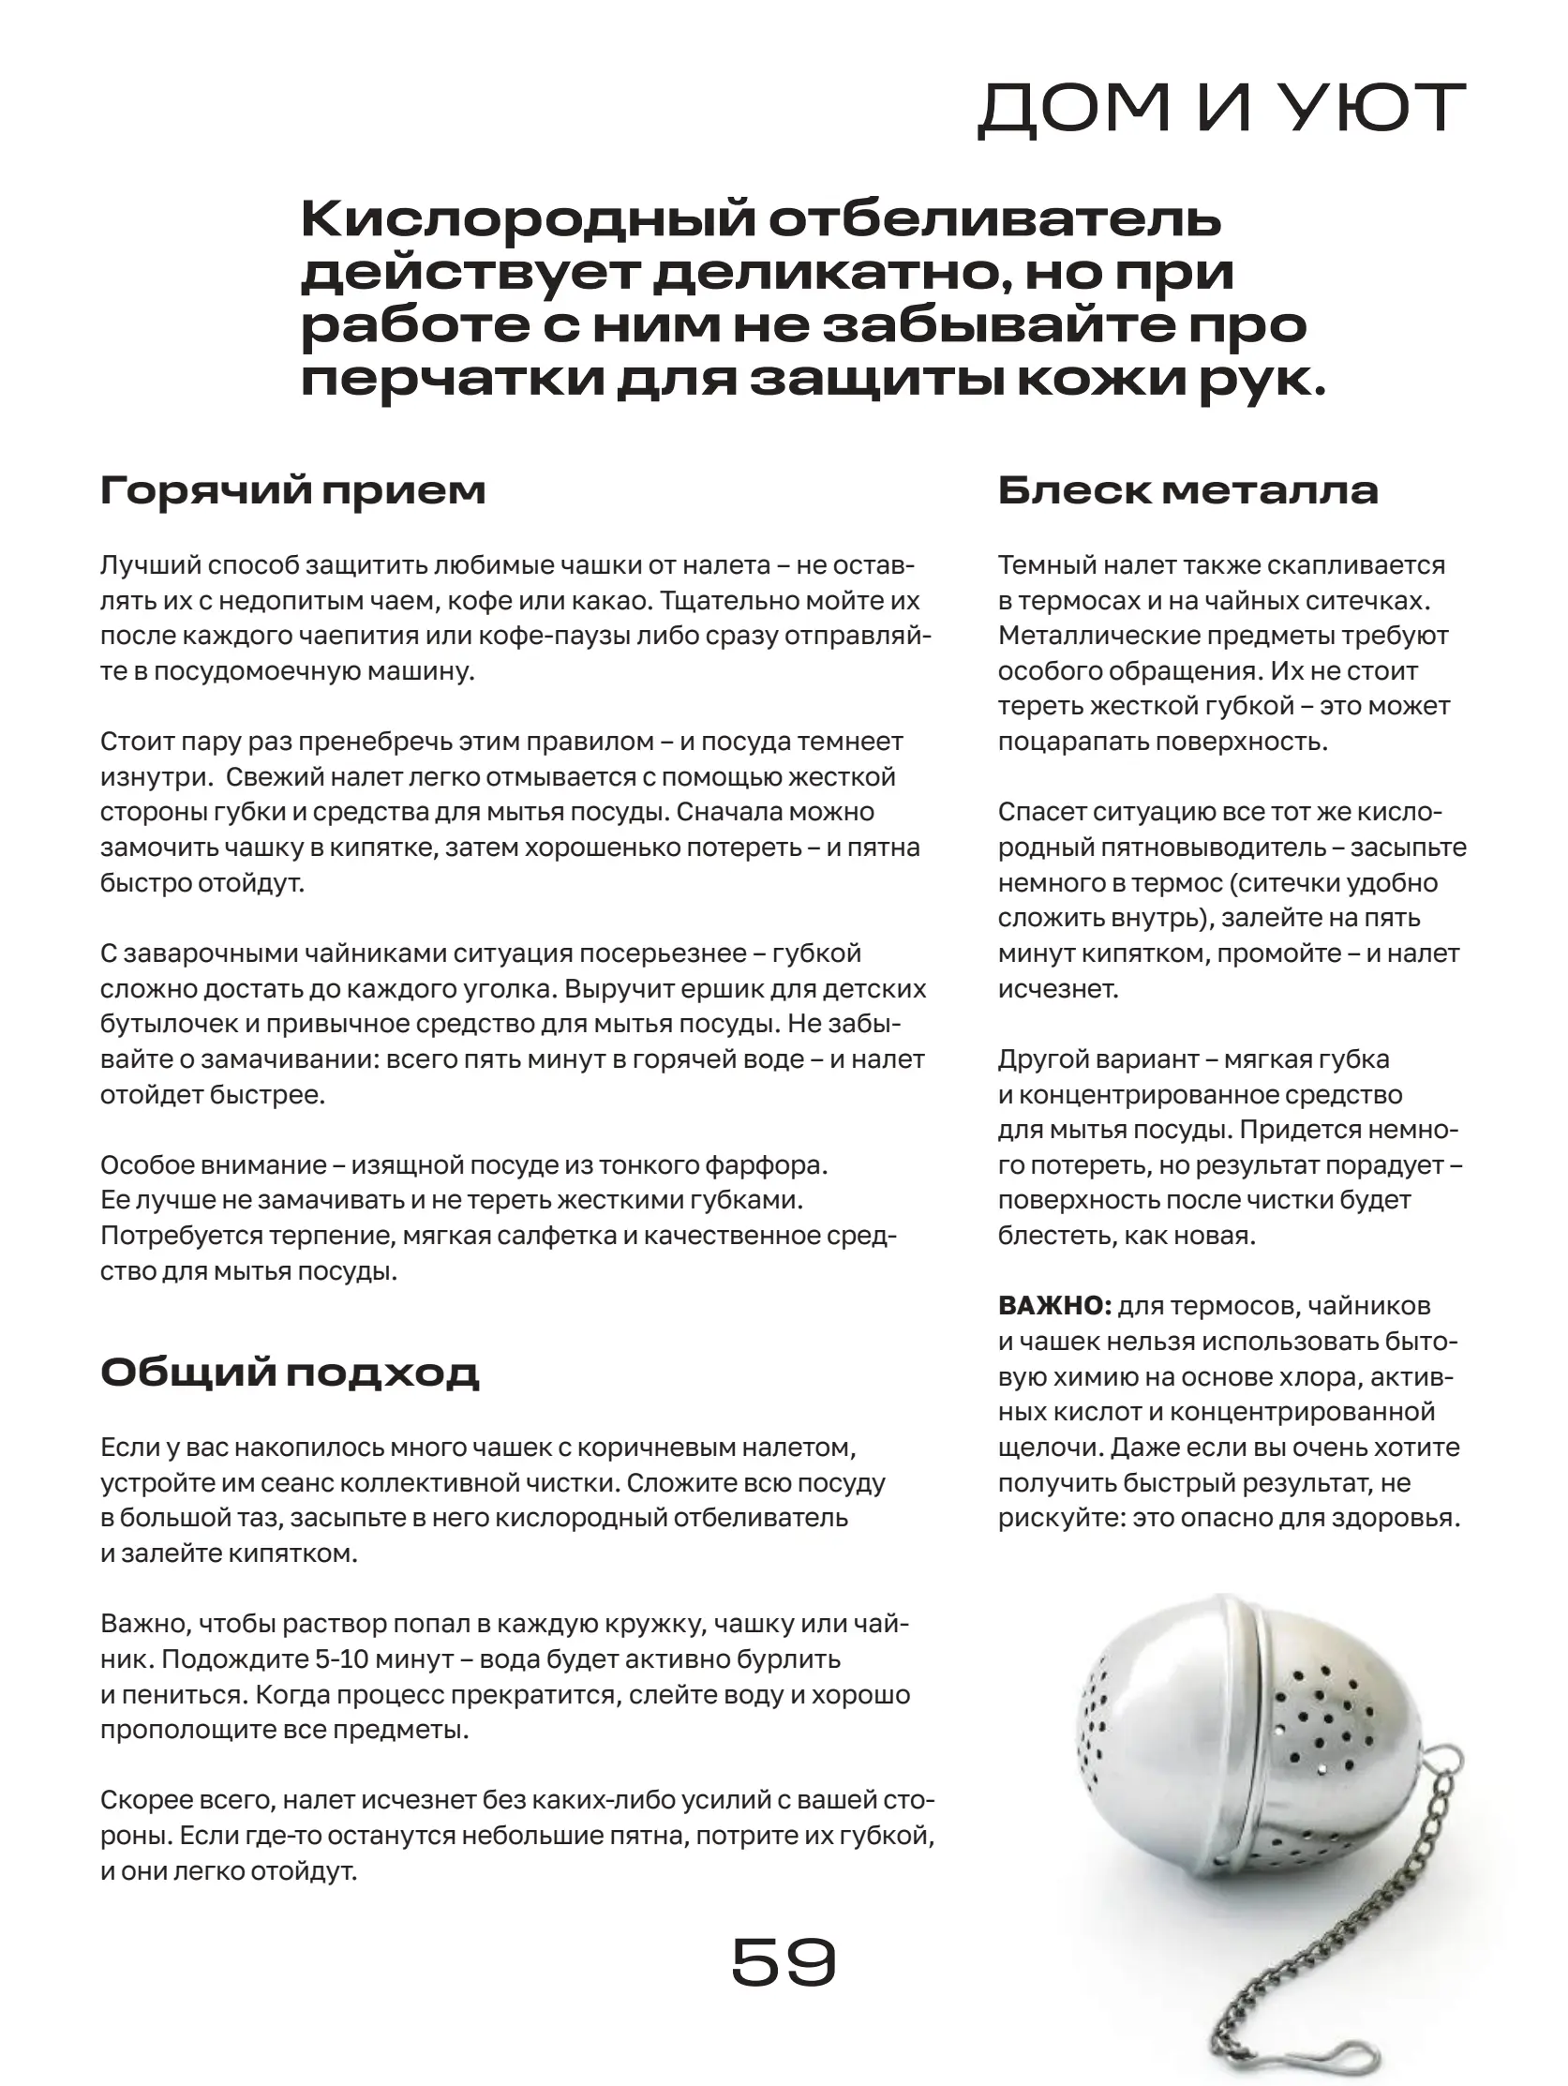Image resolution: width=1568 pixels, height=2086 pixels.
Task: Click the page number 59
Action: tap(784, 1962)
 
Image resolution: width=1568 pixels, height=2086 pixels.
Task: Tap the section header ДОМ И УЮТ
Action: tap(1221, 109)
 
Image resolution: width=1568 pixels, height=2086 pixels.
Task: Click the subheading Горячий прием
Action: tap(292, 490)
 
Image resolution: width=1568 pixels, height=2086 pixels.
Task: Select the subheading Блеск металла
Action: tap(1188, 490)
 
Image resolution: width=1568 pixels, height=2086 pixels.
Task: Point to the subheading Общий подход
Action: tap(290, 1373)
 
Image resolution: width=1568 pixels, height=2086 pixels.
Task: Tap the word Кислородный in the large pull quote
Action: tap(527, 219)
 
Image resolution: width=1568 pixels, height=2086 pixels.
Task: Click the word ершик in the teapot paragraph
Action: tap(724, 989)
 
